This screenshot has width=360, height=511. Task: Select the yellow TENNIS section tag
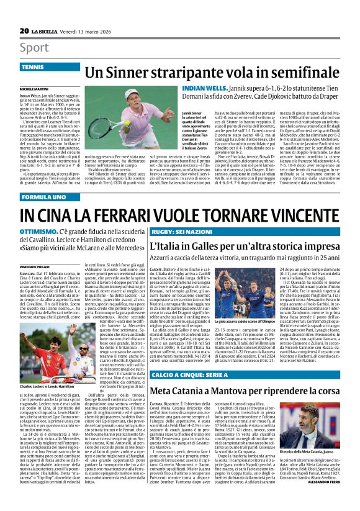(x=33, y=66)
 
